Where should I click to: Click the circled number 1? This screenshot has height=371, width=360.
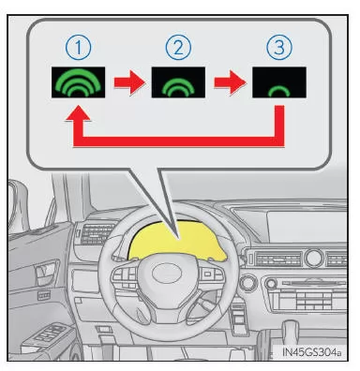[78, 47]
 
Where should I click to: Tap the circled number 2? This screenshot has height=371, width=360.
[178, 47]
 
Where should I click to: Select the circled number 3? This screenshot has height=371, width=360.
[279, 47]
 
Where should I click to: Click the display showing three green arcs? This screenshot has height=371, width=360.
[78, 82]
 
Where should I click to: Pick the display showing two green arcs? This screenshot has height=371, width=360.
[178, 82]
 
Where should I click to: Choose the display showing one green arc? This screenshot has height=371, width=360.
[279, 82]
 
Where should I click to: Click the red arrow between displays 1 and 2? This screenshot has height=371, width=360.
[129, 82]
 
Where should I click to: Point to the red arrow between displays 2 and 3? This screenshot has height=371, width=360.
[230, 82]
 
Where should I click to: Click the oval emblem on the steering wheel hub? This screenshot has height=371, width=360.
[167, 273]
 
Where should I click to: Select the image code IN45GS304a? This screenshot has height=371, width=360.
[311, 352]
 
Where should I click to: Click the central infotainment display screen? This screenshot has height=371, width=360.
[307, 227]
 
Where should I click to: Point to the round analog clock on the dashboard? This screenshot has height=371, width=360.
[314, 258]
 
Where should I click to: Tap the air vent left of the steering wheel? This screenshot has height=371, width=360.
[97, 232]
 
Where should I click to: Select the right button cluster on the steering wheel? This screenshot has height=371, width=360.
[210, 275]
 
